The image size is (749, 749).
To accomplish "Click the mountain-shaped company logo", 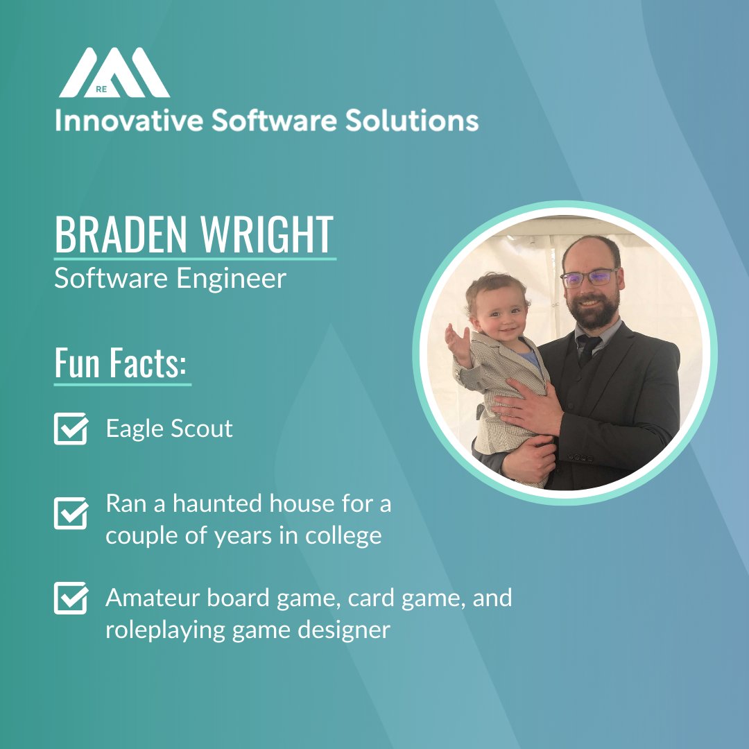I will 114,73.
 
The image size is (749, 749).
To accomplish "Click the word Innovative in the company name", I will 128,121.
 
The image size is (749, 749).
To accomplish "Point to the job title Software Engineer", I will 170,278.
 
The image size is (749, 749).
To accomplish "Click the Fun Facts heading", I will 122,364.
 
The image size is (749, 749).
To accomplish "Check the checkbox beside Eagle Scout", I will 71,429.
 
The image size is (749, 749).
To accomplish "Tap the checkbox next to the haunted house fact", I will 71,513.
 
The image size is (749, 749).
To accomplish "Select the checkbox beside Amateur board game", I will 71,598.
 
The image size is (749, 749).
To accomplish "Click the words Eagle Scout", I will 169,429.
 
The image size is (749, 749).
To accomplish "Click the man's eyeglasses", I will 589,278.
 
